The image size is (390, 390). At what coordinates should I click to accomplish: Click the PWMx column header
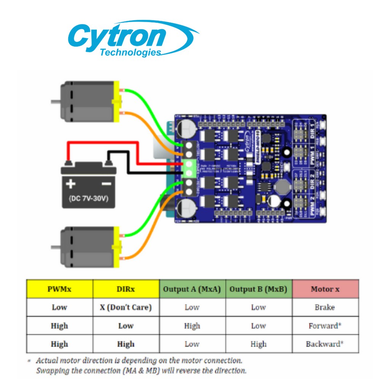59,289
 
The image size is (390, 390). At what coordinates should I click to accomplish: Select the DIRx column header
126,289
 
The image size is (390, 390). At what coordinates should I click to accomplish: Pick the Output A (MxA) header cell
192,289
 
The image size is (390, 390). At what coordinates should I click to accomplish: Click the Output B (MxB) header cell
258,289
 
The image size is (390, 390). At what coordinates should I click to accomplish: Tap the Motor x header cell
325,289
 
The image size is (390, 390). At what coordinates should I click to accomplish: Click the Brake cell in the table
324,307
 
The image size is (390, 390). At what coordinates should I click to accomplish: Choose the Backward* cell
324,344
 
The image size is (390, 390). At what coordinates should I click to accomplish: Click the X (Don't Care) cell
126,307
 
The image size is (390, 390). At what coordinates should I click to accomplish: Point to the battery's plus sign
71,184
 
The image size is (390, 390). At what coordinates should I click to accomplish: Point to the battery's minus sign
106,184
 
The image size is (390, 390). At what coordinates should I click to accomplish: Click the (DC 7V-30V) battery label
88,199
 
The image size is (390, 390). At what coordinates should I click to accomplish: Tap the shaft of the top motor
56,102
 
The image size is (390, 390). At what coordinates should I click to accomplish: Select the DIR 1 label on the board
313,131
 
